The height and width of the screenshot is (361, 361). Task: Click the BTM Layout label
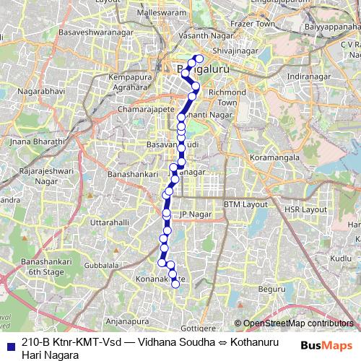245,204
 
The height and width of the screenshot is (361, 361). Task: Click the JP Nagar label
193,214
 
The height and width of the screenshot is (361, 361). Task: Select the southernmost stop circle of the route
175,284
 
